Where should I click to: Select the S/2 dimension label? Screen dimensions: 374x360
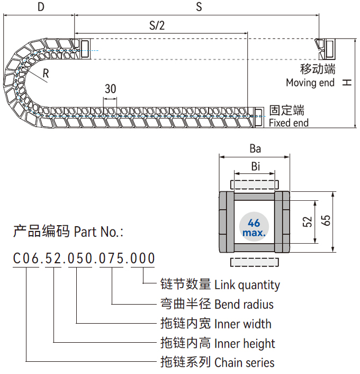[157, 25]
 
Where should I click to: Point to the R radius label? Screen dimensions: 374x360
[46, 74]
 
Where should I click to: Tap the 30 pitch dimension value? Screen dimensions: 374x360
[110, 88]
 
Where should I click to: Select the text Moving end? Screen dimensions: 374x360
[310, 83]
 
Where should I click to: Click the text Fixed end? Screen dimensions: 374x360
[289, 123]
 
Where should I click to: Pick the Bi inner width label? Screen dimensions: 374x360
[255, 166]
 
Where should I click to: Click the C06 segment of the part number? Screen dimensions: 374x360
[26, 259]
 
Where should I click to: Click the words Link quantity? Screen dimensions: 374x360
[247, 285]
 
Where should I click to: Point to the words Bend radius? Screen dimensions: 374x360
[244, 304]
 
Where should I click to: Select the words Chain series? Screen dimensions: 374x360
[245, 363]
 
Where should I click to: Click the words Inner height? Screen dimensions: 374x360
[245, 343]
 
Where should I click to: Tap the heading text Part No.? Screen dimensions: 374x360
[98, 231]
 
